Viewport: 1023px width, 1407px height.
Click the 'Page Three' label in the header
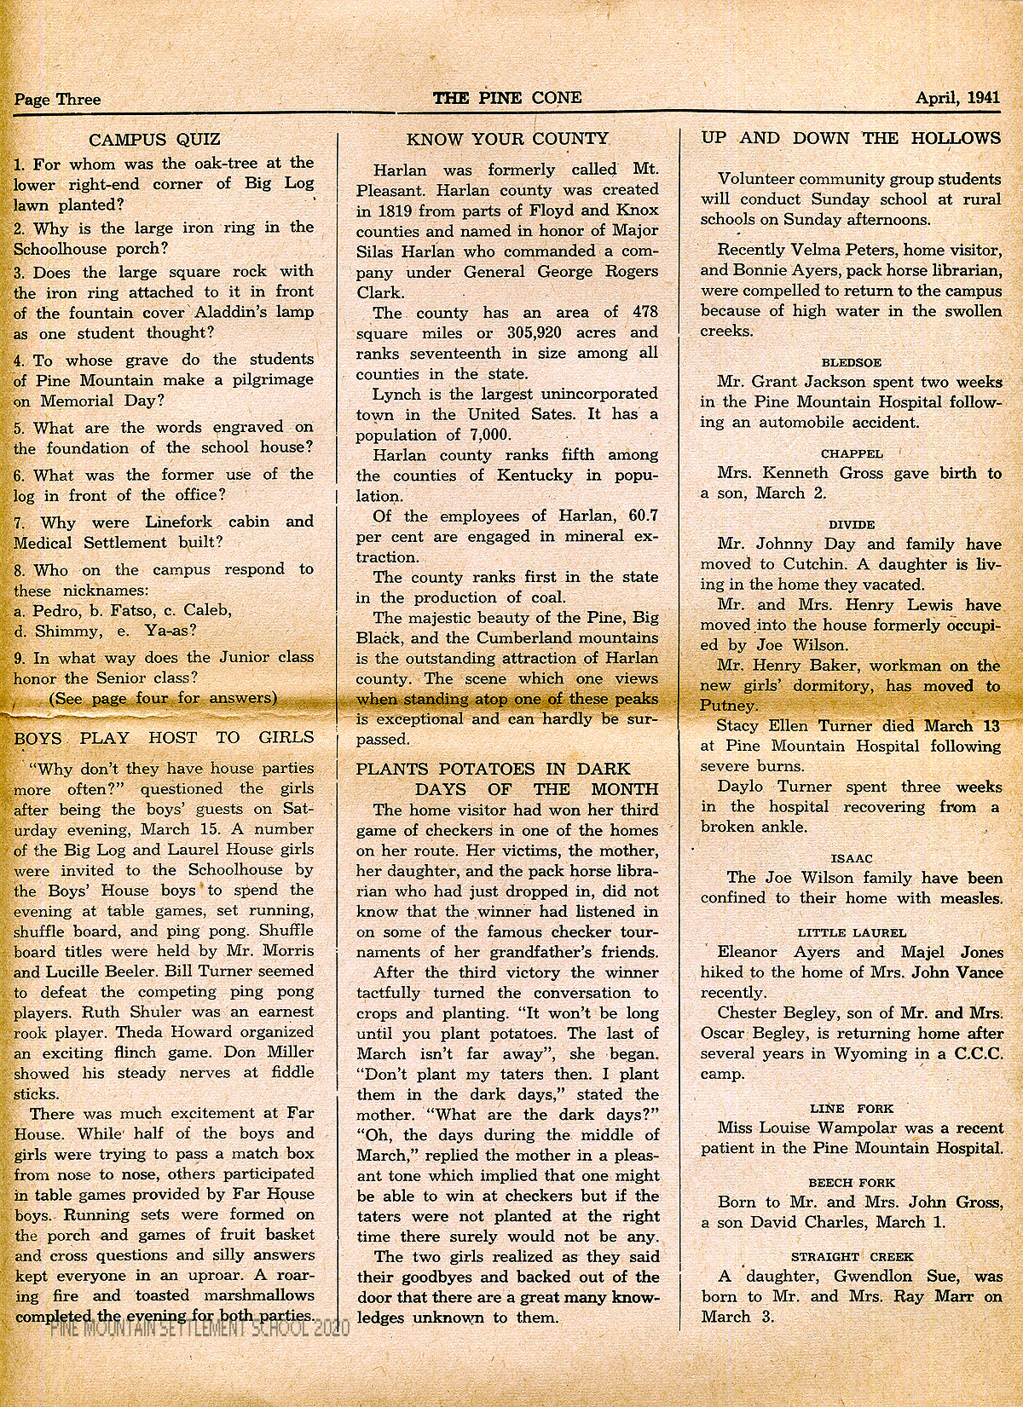pos(57,100)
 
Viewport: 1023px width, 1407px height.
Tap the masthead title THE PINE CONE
pos(507,98)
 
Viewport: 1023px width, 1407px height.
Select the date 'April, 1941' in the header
pos(957,98)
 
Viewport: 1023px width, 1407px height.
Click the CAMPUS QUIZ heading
pos(155,140)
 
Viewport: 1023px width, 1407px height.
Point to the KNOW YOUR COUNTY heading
pos(507,139)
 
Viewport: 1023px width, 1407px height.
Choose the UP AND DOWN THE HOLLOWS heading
pos(851,138)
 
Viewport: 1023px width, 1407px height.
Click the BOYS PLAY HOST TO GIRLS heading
pos(165,738)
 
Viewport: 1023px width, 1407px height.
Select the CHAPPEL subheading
pos(851,453)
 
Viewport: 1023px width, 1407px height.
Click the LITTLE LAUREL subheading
pos(852,932)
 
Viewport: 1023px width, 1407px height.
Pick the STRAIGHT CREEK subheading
pos(852,1256)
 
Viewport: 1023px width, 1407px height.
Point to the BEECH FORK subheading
pos(851,1183)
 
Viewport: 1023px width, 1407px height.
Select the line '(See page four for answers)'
pos(163,698)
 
